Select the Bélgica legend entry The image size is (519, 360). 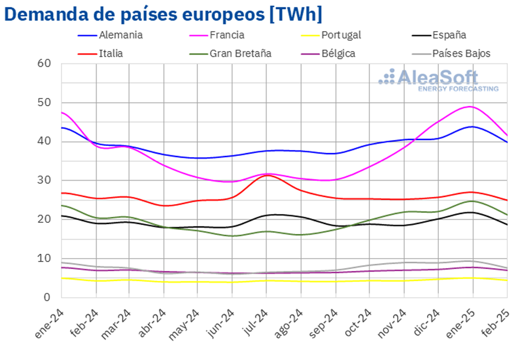click(338, 53)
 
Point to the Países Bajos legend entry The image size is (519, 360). click(461, 53)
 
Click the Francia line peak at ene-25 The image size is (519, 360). click(471, 107)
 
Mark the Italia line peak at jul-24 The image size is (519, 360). click(267, 175)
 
